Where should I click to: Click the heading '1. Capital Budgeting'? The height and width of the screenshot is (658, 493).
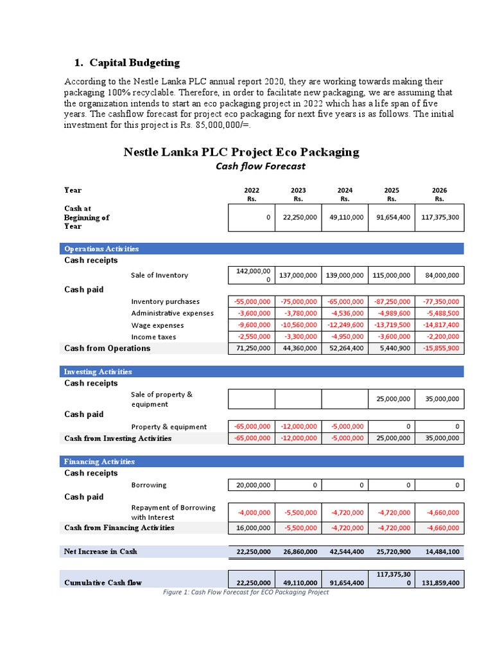tap(127, 62)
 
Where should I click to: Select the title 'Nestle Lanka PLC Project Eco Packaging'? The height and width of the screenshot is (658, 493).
tap(241, 152)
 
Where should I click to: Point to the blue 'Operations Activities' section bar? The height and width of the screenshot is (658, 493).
tap(262, 249)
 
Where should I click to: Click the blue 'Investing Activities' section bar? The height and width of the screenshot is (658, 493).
tap(262, 371)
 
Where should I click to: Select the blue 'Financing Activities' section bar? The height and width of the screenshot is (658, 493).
tap(262, 461)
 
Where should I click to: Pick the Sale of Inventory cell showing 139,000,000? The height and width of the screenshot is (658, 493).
tap(345, 275)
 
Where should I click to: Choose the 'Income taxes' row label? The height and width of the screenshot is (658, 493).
tap(153, 337)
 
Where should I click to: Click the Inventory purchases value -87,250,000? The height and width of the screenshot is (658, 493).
tap(392, 301)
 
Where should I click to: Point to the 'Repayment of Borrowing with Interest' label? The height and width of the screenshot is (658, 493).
tap(173, 512)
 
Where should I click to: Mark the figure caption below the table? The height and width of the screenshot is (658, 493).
tap(246, 592)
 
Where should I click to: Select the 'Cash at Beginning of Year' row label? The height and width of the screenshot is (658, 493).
tap(87, 217)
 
